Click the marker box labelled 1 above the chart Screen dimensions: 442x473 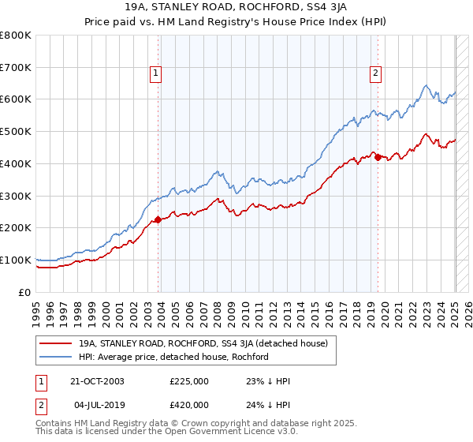pyautogui.click(x=155, y=73)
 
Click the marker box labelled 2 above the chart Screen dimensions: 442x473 pyautogui.click(x=375, y=73)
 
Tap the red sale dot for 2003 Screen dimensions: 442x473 pyautogui.click(x=158, y=219)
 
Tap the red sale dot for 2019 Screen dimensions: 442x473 pyautogui.click(x=378, y=157)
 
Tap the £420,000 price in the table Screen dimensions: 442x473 pyautogui.click(x=189, y=404)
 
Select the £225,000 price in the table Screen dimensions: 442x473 pyautogui.click(x=189, y=380)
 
